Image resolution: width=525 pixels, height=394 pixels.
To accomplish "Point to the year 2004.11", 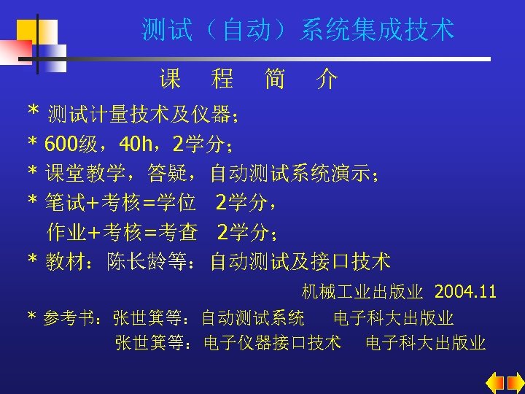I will coord(465,293).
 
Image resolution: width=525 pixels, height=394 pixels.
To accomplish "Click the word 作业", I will coord(61,232).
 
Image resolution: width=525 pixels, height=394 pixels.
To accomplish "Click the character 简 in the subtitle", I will coord(275,78).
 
